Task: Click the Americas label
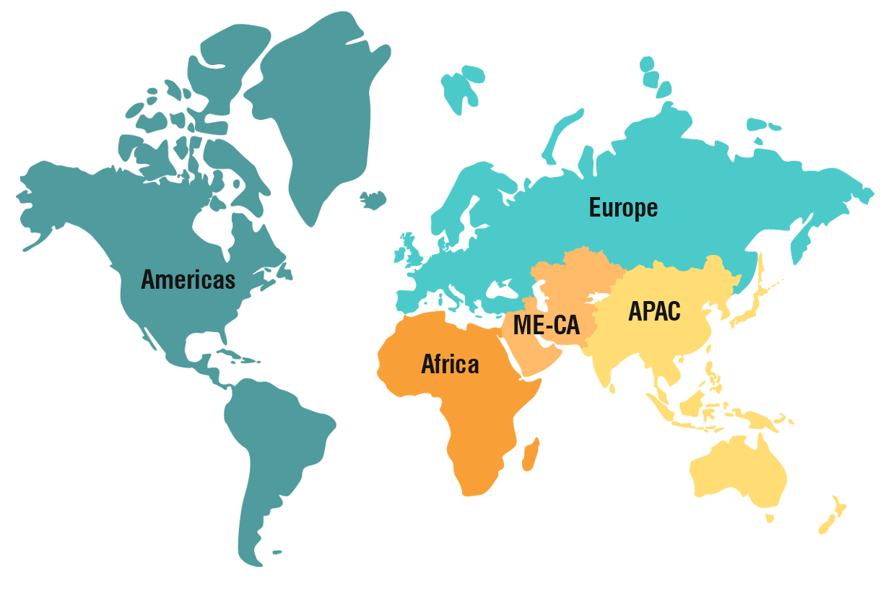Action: click(x=188, y=279)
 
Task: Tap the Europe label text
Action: click(x=623, y=208)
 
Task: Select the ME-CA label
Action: click(x=546, y=325)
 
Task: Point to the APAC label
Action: click(x=654, y=311)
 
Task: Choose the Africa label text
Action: click(x=450, y=365)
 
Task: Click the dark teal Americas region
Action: click(x=181, y=397)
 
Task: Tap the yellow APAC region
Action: click(x=722, y=433)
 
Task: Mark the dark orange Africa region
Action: click(x=491, y=469)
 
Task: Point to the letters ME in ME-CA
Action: click(x=526, y=325)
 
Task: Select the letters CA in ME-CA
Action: click(x=566, y=325)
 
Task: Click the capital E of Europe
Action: click(x=595, y=208)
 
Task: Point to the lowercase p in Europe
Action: click(x=638, y=210)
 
